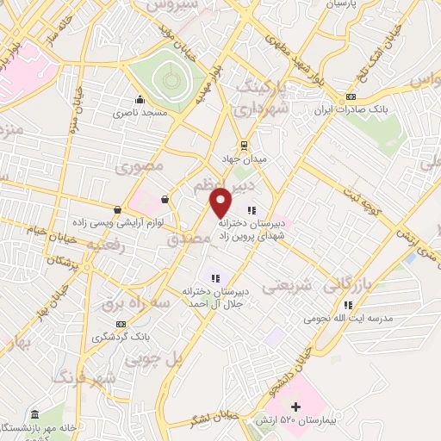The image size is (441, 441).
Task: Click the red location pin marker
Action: pos(221,202)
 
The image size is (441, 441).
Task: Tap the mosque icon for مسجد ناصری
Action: pos(139,99)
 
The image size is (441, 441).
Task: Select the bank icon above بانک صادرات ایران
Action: pos(351,96)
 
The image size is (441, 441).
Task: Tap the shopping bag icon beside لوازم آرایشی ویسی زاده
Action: pos(117,208)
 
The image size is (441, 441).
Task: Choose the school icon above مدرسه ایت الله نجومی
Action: pos(347,304)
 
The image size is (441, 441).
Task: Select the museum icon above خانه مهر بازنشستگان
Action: pos(34,413)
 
